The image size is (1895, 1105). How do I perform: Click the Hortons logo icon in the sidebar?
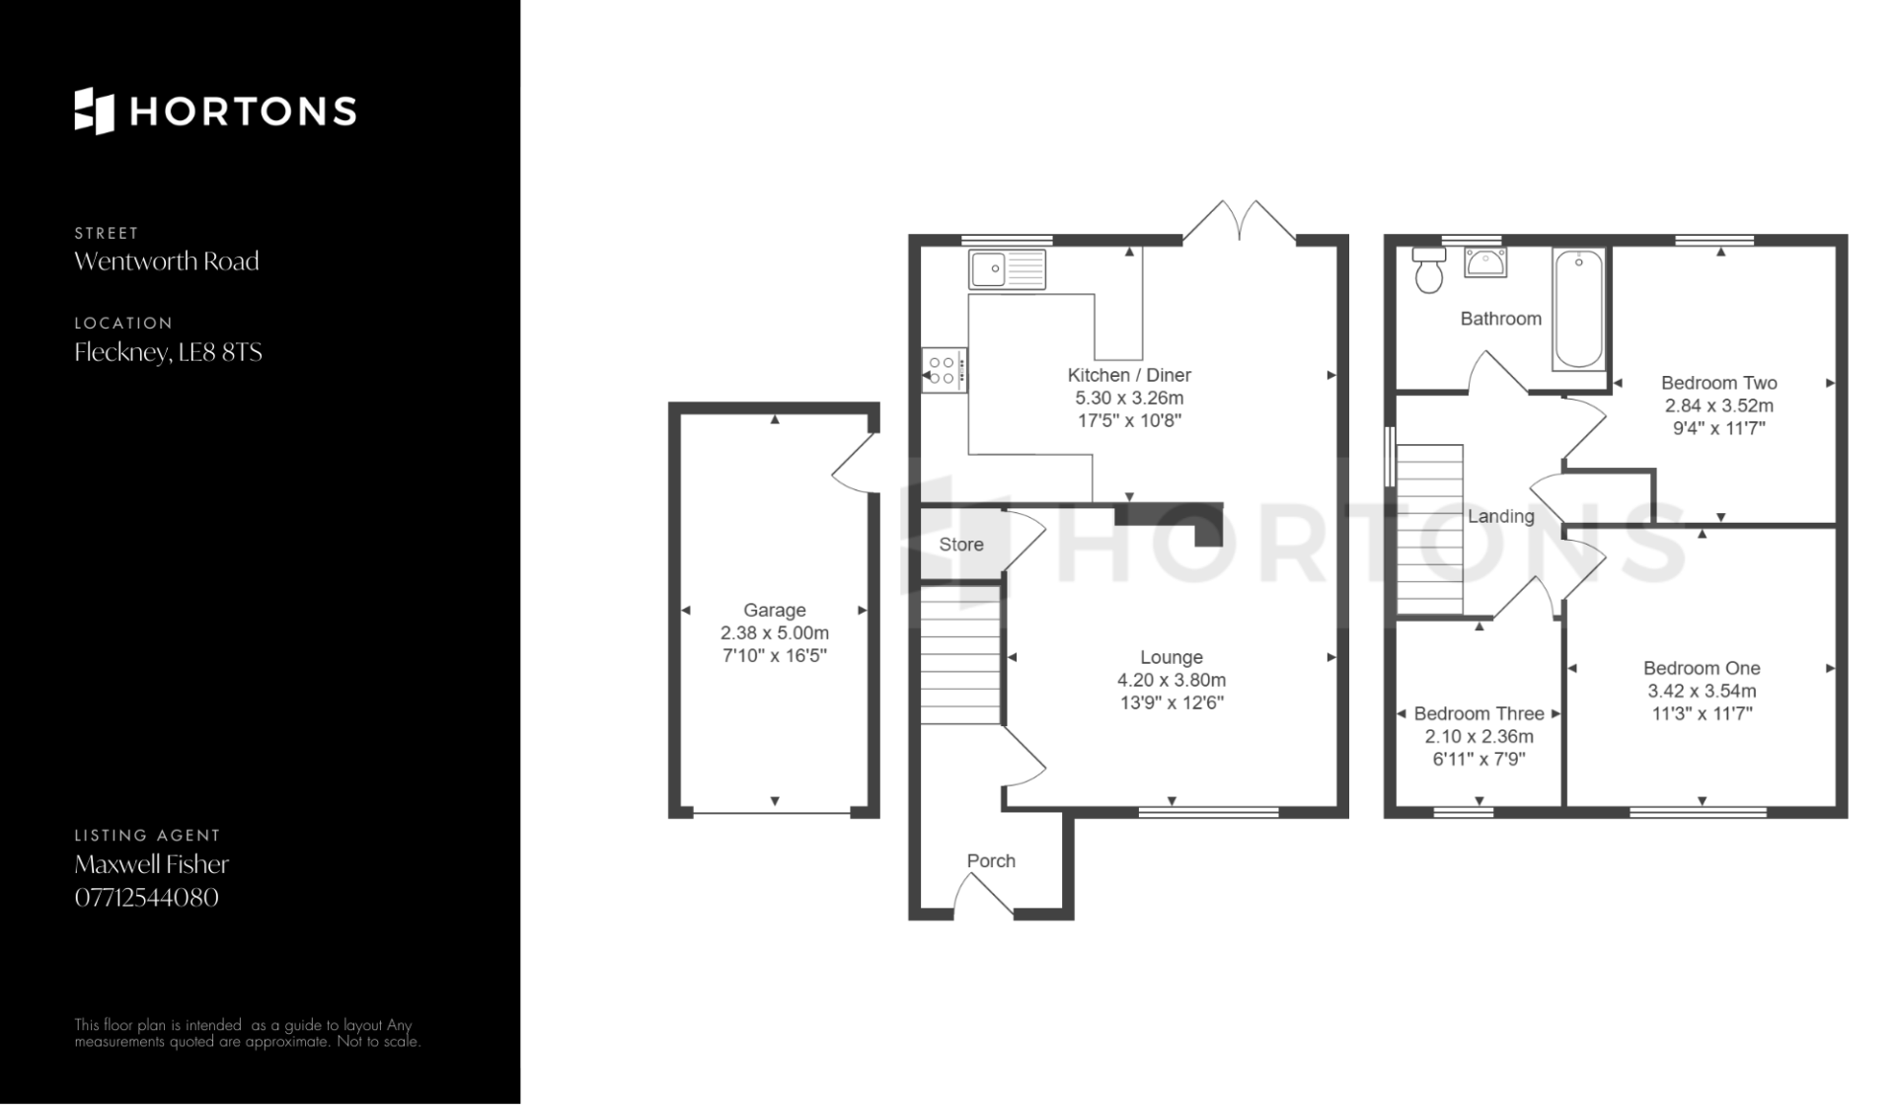pos(95,110)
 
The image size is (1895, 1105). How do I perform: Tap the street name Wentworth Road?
pos(167,261)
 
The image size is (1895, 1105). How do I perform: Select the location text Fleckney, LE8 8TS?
pos(169,352)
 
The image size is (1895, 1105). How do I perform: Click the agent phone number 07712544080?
pos(147,898)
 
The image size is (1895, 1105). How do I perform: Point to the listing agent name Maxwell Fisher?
pos(152,864)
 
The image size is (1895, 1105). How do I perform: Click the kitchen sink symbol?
pos(1007,268)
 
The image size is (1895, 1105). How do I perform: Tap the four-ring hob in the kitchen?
pos(945,370)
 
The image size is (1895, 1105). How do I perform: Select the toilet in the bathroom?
pos(1429,270)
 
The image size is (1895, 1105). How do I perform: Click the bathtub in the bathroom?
pos(1578,310)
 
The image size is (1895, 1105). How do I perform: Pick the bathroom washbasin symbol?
pos(1485,262)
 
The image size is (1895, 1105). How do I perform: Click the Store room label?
pos(961,545)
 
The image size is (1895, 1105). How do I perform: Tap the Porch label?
pos(991,861)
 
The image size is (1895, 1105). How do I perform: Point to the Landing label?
pos(1501,516)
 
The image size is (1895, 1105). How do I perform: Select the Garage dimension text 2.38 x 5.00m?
pos(775,633)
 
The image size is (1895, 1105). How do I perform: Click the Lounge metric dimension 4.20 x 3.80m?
pos(1172,680)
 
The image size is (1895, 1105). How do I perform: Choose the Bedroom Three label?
pos(1478,713)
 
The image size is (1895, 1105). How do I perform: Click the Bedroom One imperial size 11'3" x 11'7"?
pos(1702,713)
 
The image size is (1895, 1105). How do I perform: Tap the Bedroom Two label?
pos(1719,383)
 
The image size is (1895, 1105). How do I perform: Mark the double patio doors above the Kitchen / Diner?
pos(1240,223)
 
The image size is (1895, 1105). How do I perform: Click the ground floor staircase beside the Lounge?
pos(961,654)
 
